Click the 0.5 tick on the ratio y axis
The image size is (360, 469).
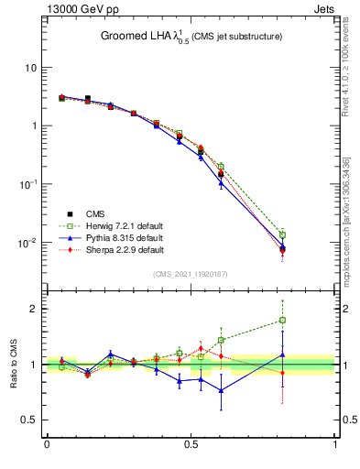[x=30, y=420]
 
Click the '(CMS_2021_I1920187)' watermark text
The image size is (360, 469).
[x=191, y=274]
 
